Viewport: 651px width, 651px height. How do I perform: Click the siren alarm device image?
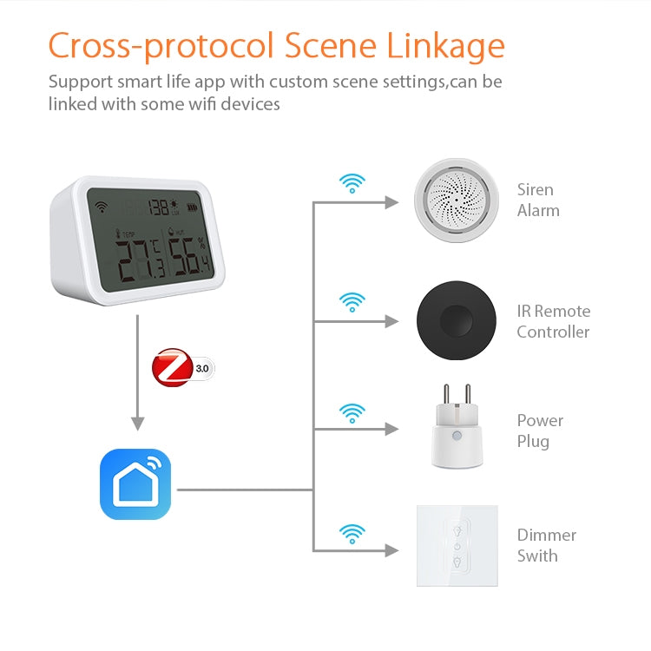(455, 201)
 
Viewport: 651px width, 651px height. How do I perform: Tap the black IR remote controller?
(455, 320)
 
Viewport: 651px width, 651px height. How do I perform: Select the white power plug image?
(455, 429)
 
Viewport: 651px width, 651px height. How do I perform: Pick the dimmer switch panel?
(457, 546)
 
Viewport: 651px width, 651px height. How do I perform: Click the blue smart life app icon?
(135, 484)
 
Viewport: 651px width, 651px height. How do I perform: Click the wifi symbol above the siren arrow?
(352, 183)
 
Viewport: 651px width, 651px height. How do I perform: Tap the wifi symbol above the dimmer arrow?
(352, 531)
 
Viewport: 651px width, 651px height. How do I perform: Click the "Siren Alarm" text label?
(538, 200)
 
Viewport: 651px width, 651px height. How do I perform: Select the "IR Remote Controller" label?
(553, 321)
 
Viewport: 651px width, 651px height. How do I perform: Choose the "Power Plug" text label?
(540, 431)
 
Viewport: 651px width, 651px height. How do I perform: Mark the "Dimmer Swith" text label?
(546, 545)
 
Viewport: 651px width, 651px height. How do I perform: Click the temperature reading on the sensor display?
(139, 259)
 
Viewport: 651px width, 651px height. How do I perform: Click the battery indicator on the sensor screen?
(202, 207)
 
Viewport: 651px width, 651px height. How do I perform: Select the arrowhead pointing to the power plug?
(392, 430)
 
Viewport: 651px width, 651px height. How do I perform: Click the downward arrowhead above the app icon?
(137, 424)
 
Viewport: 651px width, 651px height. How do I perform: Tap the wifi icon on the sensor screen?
(103, 207)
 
